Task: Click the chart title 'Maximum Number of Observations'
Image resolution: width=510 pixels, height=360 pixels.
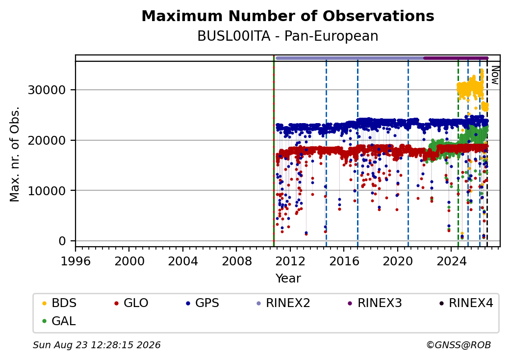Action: [x=288, y=16]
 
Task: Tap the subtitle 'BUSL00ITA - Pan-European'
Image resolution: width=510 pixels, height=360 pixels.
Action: [x=288, y=36]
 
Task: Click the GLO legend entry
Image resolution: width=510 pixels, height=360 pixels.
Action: [x=131, y=303]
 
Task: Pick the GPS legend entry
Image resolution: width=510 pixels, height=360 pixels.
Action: [x=203, y=303]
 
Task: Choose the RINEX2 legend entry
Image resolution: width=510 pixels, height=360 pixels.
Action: [x=283, y=303]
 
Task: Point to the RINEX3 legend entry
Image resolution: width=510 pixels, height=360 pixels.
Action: [x=375, y=303]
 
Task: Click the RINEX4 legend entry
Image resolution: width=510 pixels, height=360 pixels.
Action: [x=466, y=303]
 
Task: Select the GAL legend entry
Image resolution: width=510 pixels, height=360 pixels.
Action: [x=59, y=321]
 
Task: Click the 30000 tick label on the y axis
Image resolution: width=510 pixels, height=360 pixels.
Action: [x=47, y=90]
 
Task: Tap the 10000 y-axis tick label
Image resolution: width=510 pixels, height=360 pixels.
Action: [x=47, y=191]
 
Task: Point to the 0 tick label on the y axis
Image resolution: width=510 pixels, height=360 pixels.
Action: [x=62, y=241]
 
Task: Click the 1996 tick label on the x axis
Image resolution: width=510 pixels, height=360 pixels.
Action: [x=76, y=261]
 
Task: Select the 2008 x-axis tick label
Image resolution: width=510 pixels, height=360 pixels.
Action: [x=236, y=261]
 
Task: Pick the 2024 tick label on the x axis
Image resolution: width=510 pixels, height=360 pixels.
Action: [x=451, y=261]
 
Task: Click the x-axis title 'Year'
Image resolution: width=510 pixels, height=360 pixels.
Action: [x=288, y=279]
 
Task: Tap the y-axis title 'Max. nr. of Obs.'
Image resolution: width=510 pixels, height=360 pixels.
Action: [x=15, y=154]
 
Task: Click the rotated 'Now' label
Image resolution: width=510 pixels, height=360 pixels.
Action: [x=495, y=75]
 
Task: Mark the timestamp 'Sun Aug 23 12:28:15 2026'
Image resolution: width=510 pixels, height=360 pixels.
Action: [x=97, y=345]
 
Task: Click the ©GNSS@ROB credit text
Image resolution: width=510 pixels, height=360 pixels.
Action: [x=459, y=345]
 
